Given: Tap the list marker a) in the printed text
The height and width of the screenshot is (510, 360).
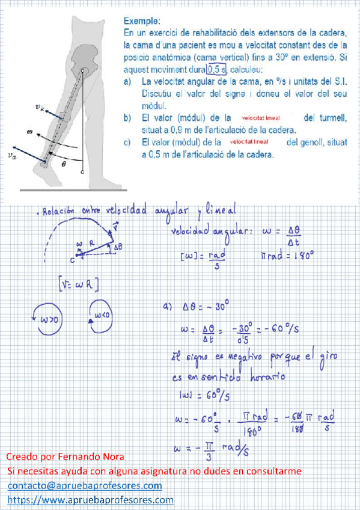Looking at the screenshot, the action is tap(127, 81).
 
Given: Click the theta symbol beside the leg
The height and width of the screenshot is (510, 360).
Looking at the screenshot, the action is tap(65, 164).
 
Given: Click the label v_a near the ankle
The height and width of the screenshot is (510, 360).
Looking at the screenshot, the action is tap(13, 154).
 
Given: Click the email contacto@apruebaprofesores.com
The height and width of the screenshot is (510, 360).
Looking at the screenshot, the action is tap(85, 485).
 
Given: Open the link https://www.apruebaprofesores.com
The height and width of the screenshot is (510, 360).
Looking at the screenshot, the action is tap(91, 500).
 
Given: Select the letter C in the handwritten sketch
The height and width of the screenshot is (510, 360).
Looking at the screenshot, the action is tap(72, 260).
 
